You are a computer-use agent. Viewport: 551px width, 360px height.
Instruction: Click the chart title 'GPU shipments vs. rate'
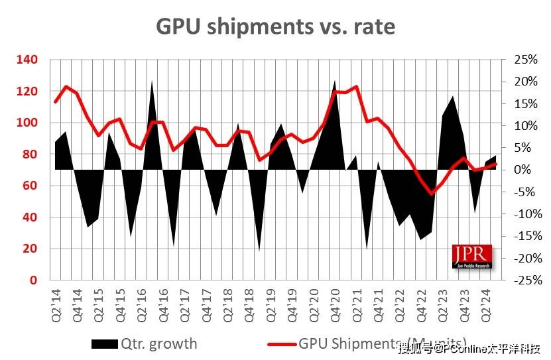275,26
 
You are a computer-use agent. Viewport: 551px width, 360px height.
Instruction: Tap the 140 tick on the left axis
29,60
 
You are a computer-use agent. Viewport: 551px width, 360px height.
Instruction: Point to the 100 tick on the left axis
29,123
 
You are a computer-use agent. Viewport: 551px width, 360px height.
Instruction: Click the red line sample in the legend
281,343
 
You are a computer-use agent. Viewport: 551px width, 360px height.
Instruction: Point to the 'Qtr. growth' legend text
158,343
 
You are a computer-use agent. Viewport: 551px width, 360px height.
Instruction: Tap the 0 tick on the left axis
34,280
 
